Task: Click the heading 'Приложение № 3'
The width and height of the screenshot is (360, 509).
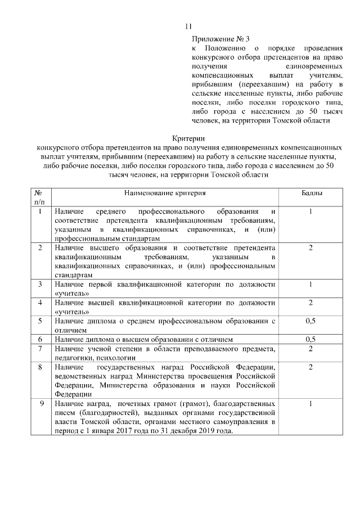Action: pyautogui.click(x=220, y=39)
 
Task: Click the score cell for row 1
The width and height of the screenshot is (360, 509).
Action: pyautogui.click(x=310, y=211)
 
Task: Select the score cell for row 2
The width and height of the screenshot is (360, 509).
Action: pyautogui.click(x=310, y=248)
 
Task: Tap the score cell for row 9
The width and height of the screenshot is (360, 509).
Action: pyautogui.click(x=310, y=404)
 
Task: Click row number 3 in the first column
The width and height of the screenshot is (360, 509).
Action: pyautogui.click(x=40, y=285)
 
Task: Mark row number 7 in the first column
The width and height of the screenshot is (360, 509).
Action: pyautogui.click(x=40, y=349)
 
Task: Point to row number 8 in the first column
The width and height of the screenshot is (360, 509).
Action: pyautogui.click(x=40, y=367)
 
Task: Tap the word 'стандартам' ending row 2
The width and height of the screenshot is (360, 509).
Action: pyautogui.click(x=74, y=275)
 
